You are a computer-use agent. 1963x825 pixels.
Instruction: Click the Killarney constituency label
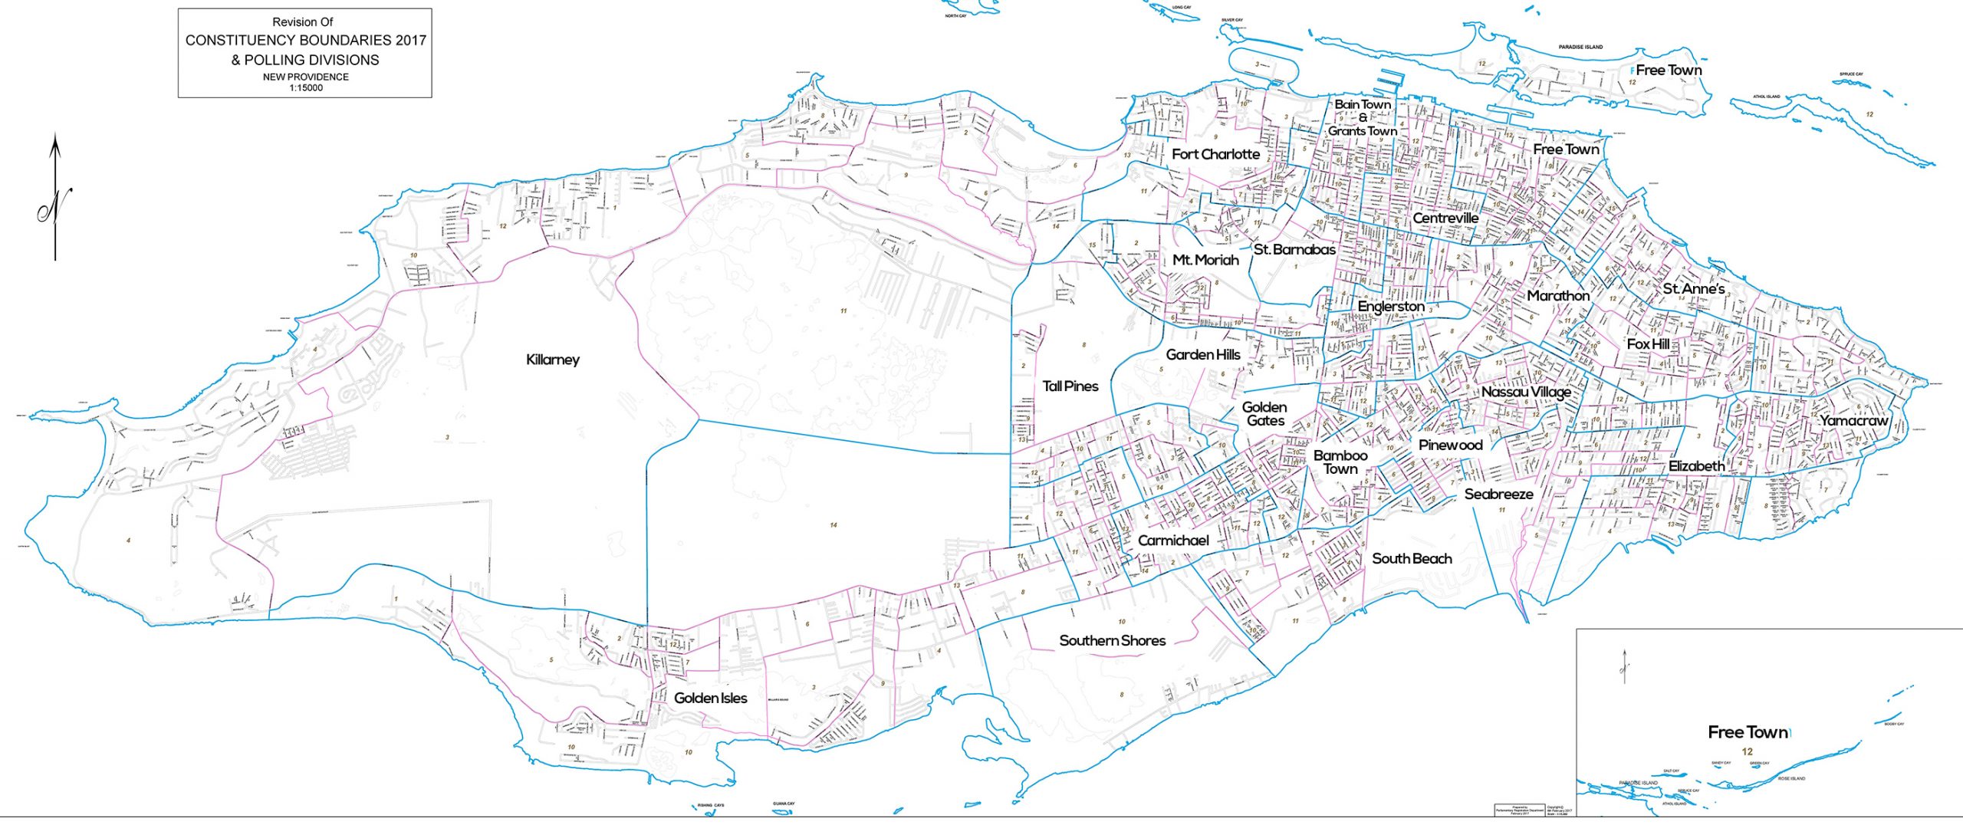tap(552, 360)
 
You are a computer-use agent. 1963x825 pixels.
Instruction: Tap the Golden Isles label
tap(710, 698)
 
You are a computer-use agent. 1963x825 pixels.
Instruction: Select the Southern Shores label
tap(1112, 640)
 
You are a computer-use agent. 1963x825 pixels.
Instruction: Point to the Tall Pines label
tap(1070, 386)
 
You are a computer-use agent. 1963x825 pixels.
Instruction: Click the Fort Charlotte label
tap(1215, 154)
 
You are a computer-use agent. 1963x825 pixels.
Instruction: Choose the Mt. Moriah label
tap(1205, 260)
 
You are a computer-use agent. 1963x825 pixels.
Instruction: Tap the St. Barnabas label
tap(1294, 249)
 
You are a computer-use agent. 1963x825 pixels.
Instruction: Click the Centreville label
tap(1445, 218)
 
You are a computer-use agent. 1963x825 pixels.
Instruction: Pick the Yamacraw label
tap(1853, 420)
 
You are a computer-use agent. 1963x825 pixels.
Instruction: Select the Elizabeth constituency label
tap(1696, 466)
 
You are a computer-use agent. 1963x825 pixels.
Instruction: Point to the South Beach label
tap(1412, 558)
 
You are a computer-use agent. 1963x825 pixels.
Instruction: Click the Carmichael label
tap(1173, 541)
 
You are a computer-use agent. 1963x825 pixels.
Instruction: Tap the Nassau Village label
tap(1526, 392)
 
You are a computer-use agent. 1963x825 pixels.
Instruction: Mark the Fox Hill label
tap(1648, 344)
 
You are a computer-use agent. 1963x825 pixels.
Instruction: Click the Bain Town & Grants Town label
tap(1363, 117)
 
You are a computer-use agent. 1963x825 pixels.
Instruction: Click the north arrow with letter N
tap(55, 201)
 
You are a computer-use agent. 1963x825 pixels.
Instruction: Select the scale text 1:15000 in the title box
tap(306, 87)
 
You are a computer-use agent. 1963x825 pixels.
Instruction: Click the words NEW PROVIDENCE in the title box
tap(305, 77)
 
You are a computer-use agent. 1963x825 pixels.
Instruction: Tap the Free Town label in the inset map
tap(1748, 732)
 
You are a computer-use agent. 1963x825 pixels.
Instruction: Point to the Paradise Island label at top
tap(1580, 47)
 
